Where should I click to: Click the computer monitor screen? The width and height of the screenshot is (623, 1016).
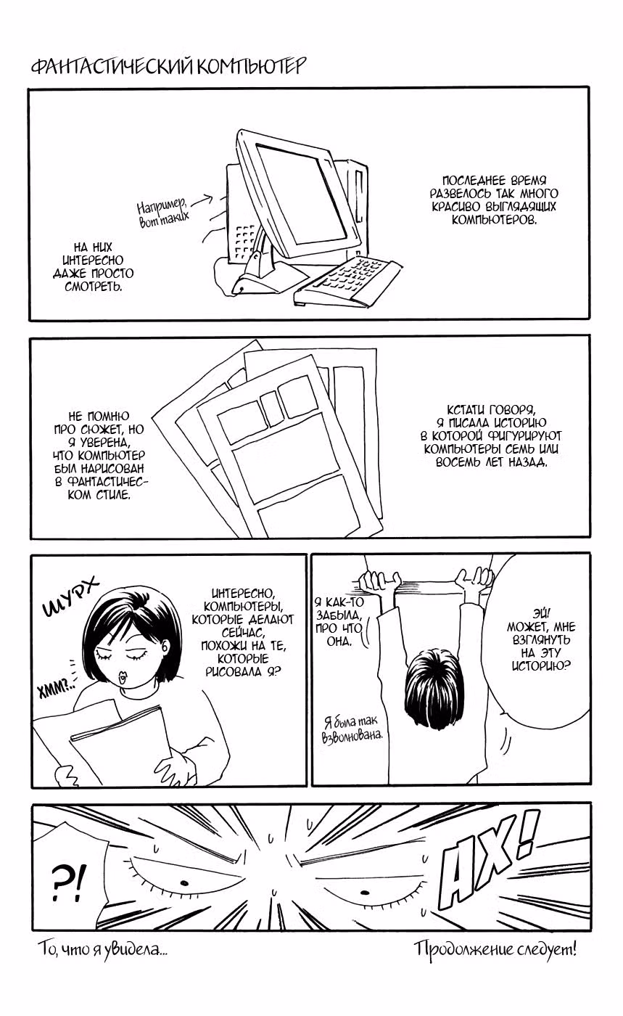point(301,194)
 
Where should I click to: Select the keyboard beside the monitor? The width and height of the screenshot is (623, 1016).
point(347,281)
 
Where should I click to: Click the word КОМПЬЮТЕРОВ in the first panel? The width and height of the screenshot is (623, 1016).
point(494,220)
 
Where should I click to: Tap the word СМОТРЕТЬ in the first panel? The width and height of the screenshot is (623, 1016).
point(94,286)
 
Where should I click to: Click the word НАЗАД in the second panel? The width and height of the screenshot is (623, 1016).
point(527,462)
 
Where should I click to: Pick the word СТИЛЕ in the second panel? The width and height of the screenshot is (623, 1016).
point(113,494)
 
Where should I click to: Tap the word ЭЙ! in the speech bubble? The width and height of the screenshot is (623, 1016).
point(541,613)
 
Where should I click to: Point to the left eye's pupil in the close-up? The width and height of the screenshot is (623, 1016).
point(184,882)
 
